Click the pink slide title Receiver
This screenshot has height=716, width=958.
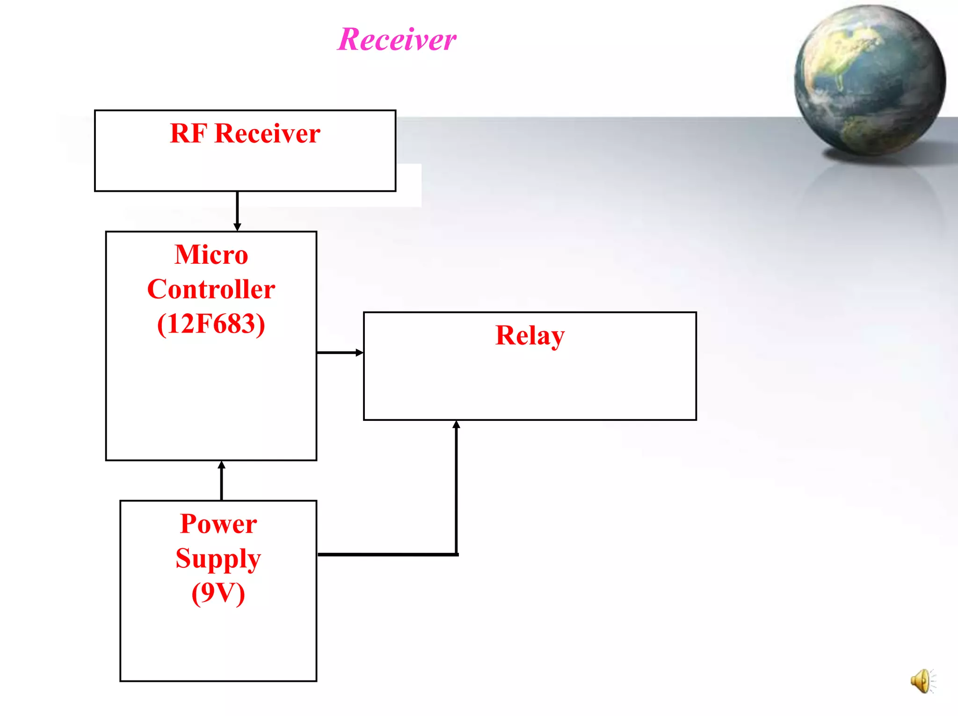point(397,39)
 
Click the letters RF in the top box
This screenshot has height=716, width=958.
point(188,134)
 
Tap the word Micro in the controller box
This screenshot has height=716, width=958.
point(211,255)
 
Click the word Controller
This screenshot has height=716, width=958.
point(211,289)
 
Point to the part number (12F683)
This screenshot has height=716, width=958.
point(211,324)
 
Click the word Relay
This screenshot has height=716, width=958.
point(530,336)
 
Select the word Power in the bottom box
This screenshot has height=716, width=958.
point(218,524)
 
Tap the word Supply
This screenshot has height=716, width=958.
point(218,559)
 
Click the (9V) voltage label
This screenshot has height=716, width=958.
point(218,593)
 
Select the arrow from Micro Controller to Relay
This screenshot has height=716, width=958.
point(339,353)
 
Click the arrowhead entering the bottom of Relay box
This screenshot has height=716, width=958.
point(457,425)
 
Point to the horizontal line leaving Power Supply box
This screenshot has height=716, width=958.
point(386,555)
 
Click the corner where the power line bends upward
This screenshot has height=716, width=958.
point(457,555)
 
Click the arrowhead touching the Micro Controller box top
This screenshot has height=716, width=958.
point(237,227)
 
